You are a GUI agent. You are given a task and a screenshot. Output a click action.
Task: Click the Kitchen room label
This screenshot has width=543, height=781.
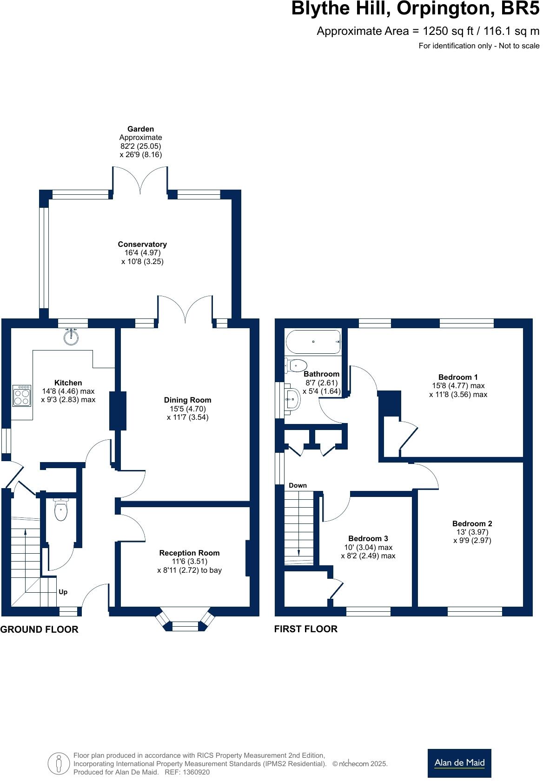[68, 383]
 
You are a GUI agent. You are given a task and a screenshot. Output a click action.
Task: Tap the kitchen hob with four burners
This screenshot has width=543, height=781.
[22, 396]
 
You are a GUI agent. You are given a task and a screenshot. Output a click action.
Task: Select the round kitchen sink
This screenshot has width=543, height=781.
[71, 337]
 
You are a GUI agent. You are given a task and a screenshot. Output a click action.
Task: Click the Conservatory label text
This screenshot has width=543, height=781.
[142, 244]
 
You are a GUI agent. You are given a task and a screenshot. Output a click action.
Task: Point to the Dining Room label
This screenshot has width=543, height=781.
[187, 400]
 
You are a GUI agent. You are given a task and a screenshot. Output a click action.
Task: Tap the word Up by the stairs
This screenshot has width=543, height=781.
[63, 592]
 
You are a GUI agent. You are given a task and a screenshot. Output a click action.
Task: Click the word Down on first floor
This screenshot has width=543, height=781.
[298, 485]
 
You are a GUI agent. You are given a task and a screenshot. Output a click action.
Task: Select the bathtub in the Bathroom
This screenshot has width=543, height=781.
[313, 342]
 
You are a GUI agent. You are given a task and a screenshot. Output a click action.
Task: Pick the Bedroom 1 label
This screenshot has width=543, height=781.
[458, 377]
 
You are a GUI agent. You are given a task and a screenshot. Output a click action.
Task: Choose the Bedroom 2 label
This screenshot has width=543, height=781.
[472, 523]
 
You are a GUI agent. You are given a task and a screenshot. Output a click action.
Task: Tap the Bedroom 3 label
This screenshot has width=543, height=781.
[368, 539]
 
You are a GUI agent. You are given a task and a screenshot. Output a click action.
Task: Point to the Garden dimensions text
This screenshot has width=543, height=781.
[140, 150]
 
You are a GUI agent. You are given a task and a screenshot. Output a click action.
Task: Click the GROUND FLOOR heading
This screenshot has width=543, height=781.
[39, 629]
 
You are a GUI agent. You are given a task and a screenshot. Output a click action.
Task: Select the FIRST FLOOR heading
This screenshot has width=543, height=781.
[305, 629]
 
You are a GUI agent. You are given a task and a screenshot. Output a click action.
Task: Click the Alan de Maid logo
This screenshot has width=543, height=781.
[459, 762]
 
